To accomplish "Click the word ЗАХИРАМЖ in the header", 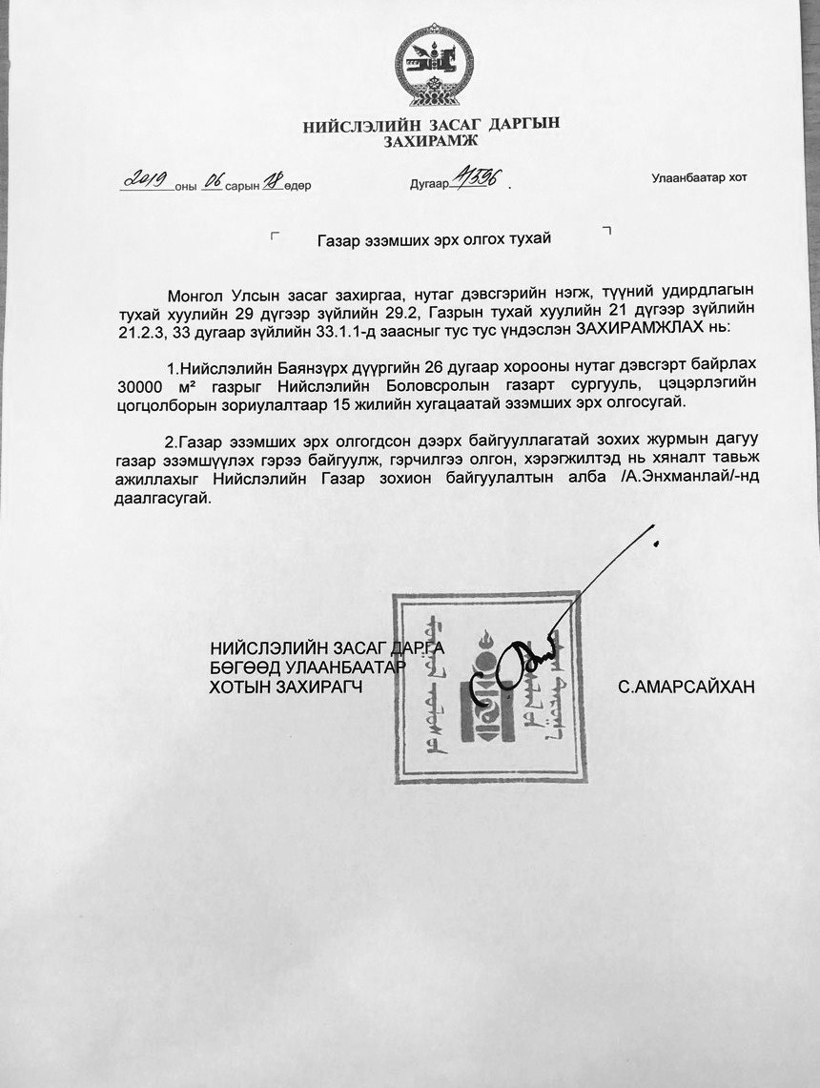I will click(430, 142).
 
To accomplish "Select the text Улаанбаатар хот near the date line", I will click(699, 178).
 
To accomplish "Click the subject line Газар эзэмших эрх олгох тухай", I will click(434, 238).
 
